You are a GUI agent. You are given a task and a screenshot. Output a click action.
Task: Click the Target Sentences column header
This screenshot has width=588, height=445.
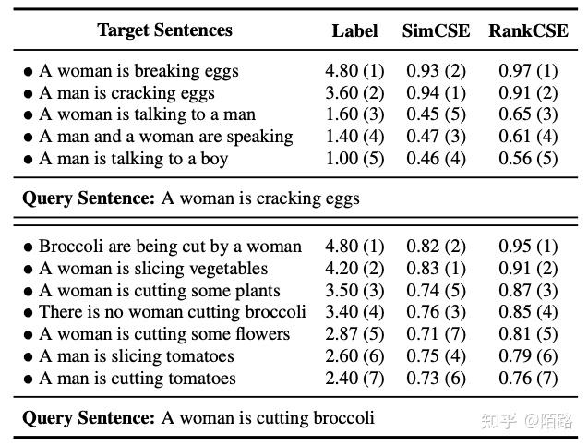tap(165, 30)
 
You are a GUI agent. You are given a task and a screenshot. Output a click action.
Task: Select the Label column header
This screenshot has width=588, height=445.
tap(354, 30)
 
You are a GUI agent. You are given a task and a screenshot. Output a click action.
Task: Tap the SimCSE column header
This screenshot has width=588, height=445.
tap(436, 30)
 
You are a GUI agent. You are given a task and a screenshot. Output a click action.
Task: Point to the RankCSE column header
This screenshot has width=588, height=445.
tap(528, 30)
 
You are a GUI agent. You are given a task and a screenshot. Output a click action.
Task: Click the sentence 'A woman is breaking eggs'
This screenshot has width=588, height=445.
tap(138, 71)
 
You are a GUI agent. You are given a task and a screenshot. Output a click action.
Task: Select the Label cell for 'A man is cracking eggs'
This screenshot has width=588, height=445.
tap(354, 93)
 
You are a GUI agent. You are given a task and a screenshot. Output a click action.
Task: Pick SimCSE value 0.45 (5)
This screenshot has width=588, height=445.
tap(436, 114)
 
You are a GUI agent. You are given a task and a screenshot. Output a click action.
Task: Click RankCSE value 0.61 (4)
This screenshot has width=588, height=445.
tap(528, 137)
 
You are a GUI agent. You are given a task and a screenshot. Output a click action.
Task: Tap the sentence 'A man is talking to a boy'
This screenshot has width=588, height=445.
tap(133, 158)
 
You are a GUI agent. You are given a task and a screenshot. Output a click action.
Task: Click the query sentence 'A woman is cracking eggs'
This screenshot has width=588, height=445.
tap(260, 198)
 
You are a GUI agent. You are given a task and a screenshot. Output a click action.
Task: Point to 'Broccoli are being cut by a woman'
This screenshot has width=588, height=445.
tap(170, 247)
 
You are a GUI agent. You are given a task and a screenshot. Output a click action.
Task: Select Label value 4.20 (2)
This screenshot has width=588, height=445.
tap(354, 269)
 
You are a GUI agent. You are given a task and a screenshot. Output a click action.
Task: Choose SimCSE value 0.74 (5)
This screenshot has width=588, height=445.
tap(436, 290)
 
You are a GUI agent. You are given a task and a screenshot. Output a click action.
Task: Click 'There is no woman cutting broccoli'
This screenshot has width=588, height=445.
tap(172, 312)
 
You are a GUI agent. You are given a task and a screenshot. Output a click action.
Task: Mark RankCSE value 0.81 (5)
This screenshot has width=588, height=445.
tap(528, 334)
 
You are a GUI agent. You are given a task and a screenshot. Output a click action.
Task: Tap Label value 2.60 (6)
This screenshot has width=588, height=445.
tap(354, 356)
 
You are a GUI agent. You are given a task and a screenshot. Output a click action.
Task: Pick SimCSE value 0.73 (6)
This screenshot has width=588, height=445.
tap(436, 379)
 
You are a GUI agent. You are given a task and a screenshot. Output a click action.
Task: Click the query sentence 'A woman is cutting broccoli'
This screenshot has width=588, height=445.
tap(268, 418)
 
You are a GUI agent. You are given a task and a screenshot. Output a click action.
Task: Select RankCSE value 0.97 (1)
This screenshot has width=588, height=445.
tap(528, 71)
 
